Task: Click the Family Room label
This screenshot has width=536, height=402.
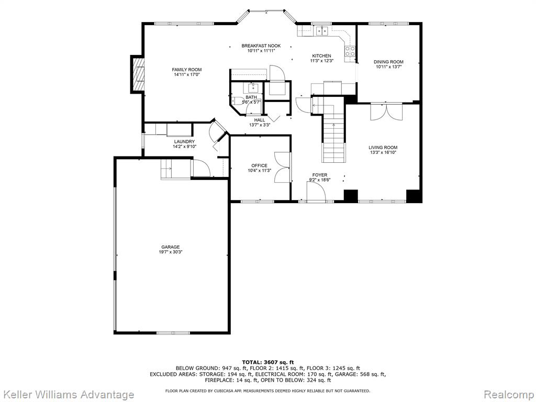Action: click(187, 70)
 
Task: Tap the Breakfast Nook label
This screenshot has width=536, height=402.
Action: click(261, 46)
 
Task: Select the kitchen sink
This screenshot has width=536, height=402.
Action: click(322, 31)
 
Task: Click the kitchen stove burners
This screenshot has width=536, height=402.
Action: click(350, 51)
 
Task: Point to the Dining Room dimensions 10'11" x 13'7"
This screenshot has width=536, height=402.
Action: click(388, 67)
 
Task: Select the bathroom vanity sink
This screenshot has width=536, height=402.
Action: click(253, 88)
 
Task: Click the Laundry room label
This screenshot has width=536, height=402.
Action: click(184, 141)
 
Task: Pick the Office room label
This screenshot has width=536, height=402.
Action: click(260, 166)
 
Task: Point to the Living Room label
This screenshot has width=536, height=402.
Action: click(383, 148)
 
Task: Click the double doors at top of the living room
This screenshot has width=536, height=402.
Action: click(387, 111)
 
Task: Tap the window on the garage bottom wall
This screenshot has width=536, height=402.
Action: click(173, 332)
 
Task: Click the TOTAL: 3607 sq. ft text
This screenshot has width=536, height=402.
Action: click(267, 362)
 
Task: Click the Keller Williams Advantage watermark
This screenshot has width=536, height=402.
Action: click(68, 395)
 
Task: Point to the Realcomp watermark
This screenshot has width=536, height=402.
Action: click(509, 395)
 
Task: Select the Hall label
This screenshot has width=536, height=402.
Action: click(260, 120)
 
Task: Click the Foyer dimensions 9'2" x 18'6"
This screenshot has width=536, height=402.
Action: click(320, 180)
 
